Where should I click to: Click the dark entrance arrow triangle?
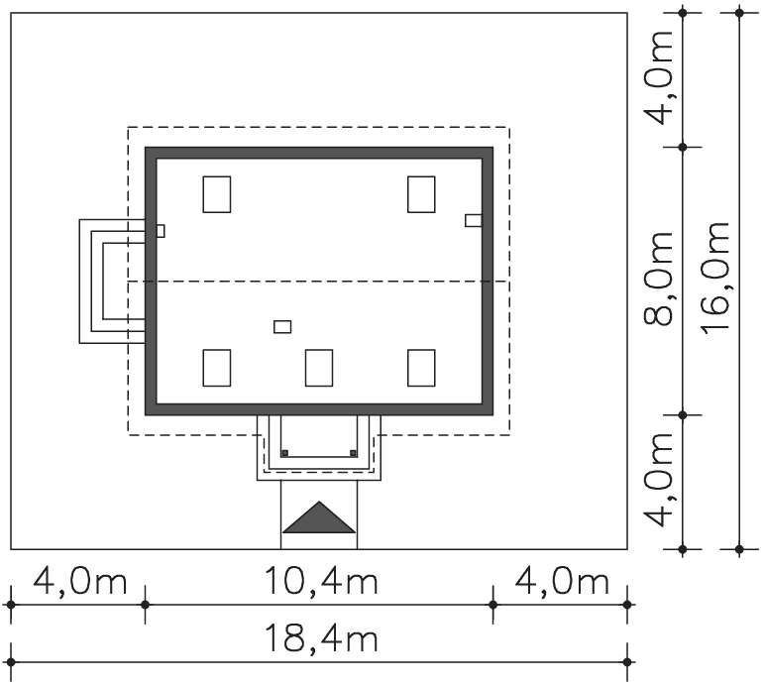click(319, 517)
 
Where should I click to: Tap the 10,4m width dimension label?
click(321, 580)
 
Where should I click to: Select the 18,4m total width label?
click(321, 638)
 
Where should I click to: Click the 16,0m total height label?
click(715, 278)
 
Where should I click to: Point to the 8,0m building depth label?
click(658, 278)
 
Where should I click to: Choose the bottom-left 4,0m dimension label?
click(80, 580)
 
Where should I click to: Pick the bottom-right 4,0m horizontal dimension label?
click(562, 580)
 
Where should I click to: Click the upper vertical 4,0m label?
click(658, 78)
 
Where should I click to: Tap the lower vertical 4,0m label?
click(658, 480)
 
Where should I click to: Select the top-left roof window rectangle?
click(217, 194)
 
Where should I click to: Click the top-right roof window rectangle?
click(421, 194)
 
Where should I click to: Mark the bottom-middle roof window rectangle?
click(319, 368)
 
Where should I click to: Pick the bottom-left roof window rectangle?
click(217, 368)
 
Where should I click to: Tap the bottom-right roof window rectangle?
click(421, 368)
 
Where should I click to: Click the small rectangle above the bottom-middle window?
click(282, 327)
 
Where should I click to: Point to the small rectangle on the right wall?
click(474, 220)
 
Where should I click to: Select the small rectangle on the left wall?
click(161, 231)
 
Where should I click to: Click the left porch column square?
click(285, 453)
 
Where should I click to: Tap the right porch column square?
click(354, 453)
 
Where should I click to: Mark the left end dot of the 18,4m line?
click(11, 662)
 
